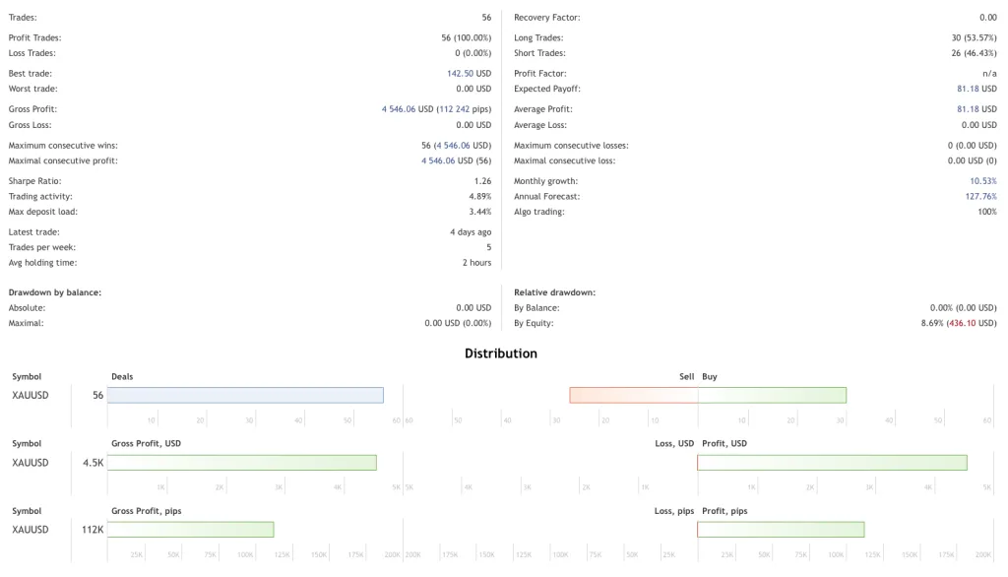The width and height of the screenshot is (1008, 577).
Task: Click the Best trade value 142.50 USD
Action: click(469, 74)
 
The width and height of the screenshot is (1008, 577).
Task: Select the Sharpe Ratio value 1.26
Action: click(482, 181)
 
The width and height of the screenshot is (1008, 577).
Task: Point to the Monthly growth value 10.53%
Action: click(982, 181)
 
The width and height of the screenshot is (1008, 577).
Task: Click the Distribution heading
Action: click(501, 353)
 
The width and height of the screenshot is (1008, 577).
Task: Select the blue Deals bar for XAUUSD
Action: click(245, 395)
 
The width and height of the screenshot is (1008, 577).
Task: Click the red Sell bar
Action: click(634, 395)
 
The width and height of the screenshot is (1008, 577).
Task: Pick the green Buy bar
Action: click(772, 395)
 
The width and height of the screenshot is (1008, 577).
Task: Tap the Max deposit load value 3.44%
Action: click(480, 212)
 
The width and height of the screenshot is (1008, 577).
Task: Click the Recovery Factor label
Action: click(546, 18)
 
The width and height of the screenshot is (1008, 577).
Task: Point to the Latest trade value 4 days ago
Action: click(471, 232)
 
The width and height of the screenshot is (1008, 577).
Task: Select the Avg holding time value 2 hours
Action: click(476, 263)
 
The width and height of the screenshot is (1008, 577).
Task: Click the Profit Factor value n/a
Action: click(989, 74)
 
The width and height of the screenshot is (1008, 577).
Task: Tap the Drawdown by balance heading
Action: click(55, 292)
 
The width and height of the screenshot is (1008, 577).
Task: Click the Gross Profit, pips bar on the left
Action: click(190, 530)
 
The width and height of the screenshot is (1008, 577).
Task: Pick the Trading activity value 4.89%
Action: click(480, 197)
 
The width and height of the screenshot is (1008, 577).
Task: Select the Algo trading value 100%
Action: click(986, 212)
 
